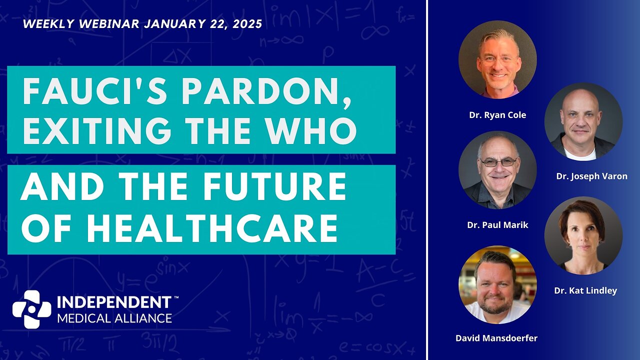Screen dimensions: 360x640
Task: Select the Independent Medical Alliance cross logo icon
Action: pyautogui.click(x=31, y=309)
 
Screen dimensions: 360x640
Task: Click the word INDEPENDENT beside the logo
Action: pyautogui.click(x=114, y=303)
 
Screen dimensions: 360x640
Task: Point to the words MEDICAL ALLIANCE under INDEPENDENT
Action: pyautogui.click(x=114, y=318)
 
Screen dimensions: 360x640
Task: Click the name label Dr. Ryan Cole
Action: pyautogui.click(x=497, y=115)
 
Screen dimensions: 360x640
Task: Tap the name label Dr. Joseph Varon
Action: pyautogui.click(x=591, y=176)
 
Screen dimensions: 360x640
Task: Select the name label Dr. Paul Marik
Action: pyautogui.click(x=497, y=225)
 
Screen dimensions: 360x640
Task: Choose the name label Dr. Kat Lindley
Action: pyautogui.click(x=585, y=290)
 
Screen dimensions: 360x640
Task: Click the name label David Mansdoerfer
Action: pyautogui.click(x=496, y=338)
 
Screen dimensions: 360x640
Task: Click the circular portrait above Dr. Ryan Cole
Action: pyautogui.click(x=497, y=59)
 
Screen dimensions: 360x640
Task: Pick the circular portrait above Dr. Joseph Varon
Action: pyautogui.click(x=583, y=121)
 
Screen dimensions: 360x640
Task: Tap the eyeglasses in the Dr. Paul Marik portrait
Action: pyautogui.click(x=498, y=162)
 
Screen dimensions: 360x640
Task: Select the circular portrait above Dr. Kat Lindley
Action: pyautogui.click(x=583, y=235)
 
